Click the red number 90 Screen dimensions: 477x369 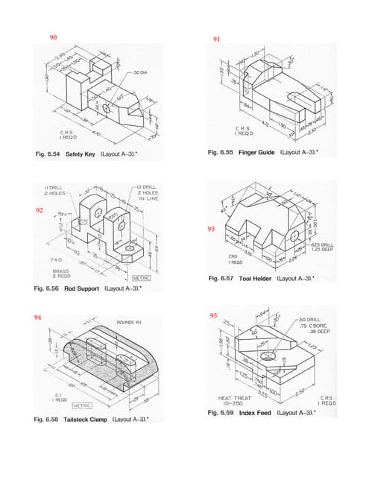tap(53, 37)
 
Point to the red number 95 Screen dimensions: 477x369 tap(214, 315)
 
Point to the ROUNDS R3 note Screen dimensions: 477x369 tap(130, 322)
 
